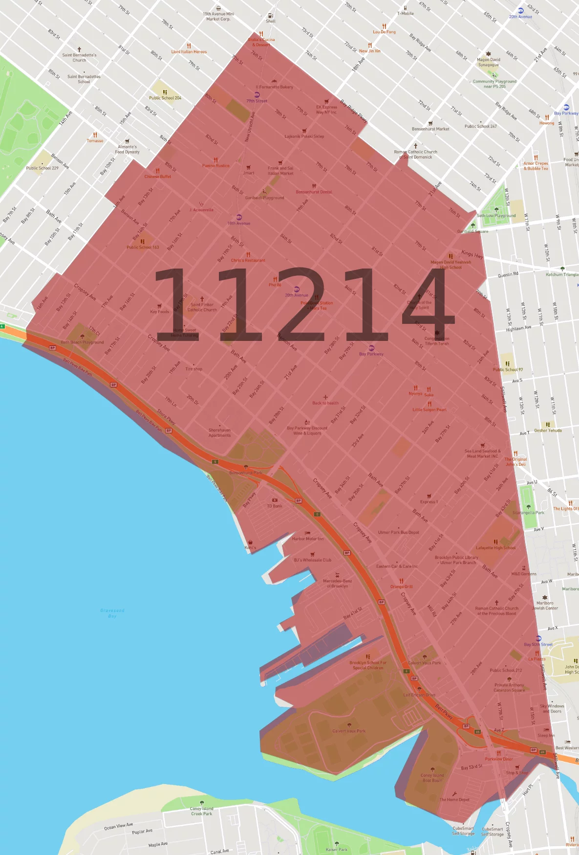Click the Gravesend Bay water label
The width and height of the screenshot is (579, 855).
(112, 613)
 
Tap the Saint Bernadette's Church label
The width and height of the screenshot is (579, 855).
(79, 58)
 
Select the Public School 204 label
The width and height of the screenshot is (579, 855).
(165, 98)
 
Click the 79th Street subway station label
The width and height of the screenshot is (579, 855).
(257, 101)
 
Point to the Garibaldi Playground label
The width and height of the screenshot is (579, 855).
(264, 198)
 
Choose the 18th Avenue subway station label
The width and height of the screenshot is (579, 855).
(238, 223)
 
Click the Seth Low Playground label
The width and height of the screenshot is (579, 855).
(496, 215)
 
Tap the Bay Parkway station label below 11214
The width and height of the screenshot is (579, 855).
(371, 354)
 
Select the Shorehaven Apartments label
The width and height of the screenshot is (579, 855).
(219, 433)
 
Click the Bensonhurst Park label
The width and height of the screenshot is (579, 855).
(246, 472)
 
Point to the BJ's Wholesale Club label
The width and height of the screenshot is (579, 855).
(313, 560)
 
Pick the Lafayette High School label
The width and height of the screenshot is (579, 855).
(495, 548)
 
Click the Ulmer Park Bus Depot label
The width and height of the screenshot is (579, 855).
(398, 532)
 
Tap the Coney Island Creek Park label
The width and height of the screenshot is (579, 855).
(201, 811)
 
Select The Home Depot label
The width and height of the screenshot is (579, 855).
(454, 800)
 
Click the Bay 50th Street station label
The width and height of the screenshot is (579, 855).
(538, 644)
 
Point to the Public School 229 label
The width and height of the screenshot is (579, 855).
(42, 168)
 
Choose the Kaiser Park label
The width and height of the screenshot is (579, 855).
(336, 849)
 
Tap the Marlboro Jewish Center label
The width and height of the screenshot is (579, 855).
(545, 606)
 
